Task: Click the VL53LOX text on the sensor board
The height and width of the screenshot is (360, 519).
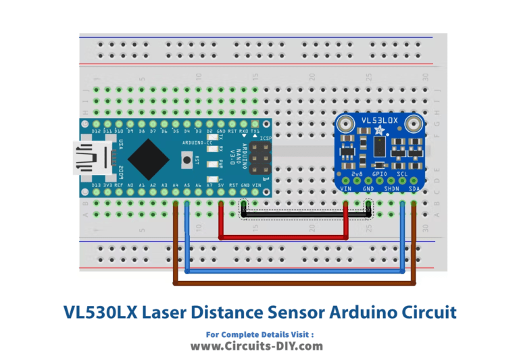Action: [x=380, y=120]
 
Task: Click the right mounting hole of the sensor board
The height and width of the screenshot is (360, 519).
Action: [x=415, y=124]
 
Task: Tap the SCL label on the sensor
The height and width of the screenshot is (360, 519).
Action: [x=403, y=174]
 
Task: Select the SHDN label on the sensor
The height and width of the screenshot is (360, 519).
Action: [x=392, y=188]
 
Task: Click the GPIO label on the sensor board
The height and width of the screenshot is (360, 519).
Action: [x=380, y=174]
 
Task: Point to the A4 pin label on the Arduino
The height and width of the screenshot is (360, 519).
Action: [x=175, y=185]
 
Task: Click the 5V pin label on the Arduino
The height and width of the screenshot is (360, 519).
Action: [x=220, y=185]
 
